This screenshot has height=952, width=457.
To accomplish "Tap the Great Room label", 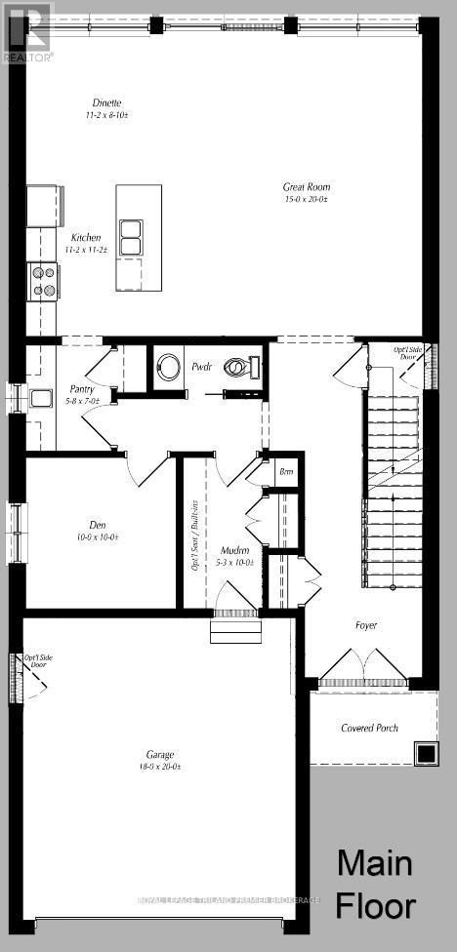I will (307, 185).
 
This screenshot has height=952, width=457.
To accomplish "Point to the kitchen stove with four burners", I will (45, 281).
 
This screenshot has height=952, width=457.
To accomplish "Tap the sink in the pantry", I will (41, 397).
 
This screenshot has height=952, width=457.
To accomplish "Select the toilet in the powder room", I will (238, 369).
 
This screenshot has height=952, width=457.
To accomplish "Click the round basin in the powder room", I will (169, 368).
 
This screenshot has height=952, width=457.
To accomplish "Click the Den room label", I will (98, 524).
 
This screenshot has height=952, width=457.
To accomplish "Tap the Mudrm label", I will (233, 550).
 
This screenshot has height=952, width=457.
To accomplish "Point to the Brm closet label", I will (286, 472).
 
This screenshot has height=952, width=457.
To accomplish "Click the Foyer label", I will (365, 625).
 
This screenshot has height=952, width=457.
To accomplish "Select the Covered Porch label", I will (370, 728).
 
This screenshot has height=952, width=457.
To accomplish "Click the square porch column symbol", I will (425, 753).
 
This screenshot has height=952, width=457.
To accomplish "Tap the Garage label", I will (160, 754).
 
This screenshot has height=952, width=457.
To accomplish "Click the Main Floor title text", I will (376, 884).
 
